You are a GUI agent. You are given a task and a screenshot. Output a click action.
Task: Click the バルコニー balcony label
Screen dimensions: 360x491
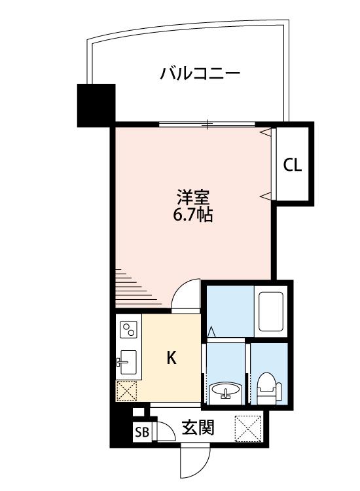(200, 73)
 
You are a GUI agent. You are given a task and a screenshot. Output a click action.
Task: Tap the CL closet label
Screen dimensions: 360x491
(293, 165)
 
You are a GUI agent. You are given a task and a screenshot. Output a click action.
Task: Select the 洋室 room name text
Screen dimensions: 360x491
(193, 197)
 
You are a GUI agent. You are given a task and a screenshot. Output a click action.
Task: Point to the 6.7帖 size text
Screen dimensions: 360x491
(193, 215)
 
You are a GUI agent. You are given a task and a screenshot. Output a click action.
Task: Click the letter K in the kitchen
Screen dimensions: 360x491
(171, 357)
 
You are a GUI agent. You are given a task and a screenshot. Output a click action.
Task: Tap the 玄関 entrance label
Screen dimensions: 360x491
(198, 427)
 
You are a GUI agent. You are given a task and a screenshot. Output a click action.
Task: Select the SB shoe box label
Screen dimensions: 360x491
(142, 433)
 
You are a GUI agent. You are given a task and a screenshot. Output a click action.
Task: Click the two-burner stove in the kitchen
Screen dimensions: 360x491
(128, 329)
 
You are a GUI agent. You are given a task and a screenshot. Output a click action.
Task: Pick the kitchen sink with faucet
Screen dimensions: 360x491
(126, 362)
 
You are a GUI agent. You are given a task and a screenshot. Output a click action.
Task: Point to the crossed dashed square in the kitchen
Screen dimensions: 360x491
(126, 390)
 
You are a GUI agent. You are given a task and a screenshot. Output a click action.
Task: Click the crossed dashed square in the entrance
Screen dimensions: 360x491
(248, 428)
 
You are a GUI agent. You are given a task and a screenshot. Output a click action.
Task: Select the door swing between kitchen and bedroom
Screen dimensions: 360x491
(186, 296)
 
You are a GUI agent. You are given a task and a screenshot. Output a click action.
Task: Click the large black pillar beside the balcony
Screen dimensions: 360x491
(96, 105)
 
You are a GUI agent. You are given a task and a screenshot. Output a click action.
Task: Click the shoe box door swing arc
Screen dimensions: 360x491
(166, 431)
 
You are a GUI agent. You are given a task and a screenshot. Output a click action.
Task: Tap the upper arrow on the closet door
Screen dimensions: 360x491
(266, 132)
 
